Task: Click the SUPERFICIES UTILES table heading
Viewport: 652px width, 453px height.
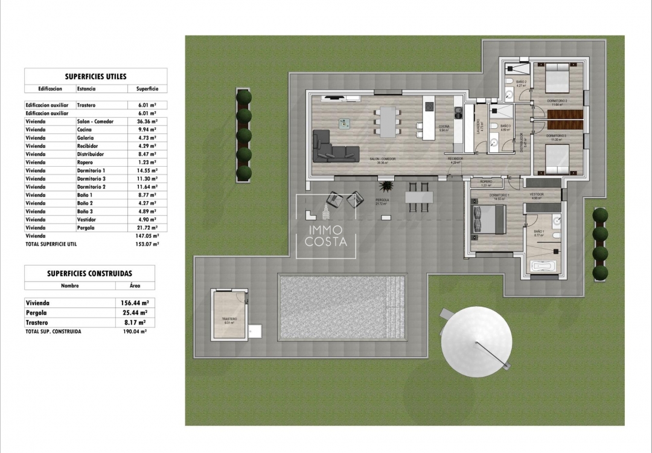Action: click(95, 77)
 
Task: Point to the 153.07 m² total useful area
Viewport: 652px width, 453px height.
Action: click(147, 245)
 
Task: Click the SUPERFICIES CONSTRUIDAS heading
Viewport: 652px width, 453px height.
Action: click(89, 274)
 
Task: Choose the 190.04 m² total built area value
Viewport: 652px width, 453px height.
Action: click(134, 332)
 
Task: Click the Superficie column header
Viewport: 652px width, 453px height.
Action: click(143, 89)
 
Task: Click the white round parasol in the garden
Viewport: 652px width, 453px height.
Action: click(477, 342)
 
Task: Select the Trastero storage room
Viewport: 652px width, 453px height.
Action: click(229, 315)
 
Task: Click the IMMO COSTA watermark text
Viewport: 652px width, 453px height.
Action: click(326, 236)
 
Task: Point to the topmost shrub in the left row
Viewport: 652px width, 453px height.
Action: click(244, 97)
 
